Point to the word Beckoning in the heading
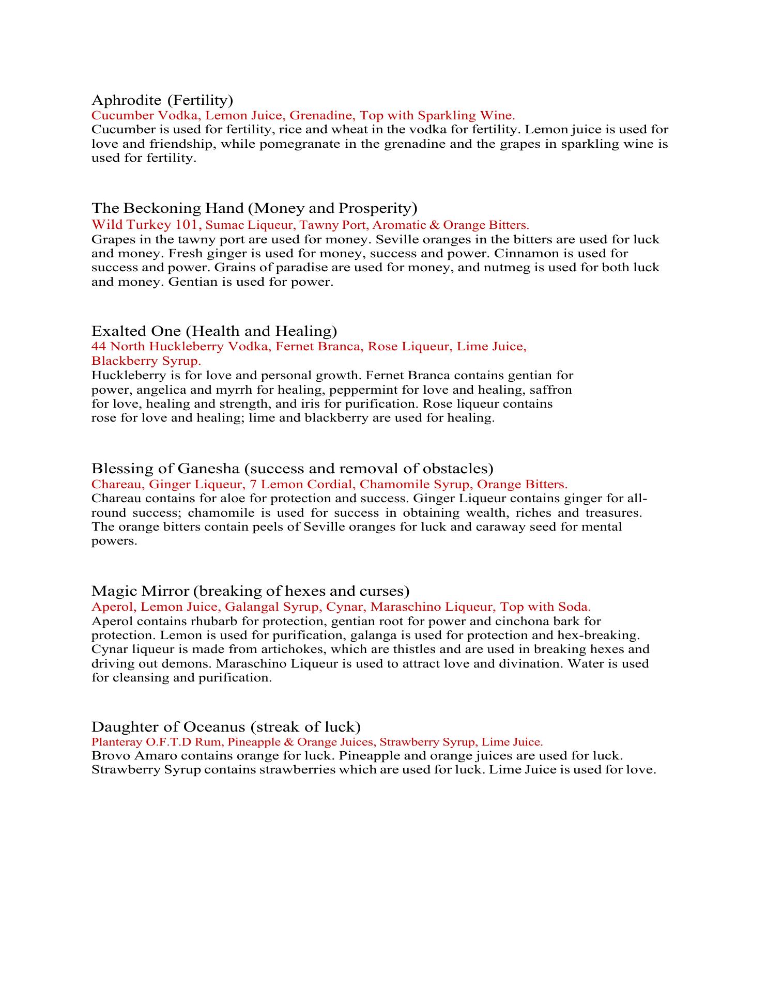pos(159,208)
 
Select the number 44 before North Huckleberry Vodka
pos(99,346)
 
